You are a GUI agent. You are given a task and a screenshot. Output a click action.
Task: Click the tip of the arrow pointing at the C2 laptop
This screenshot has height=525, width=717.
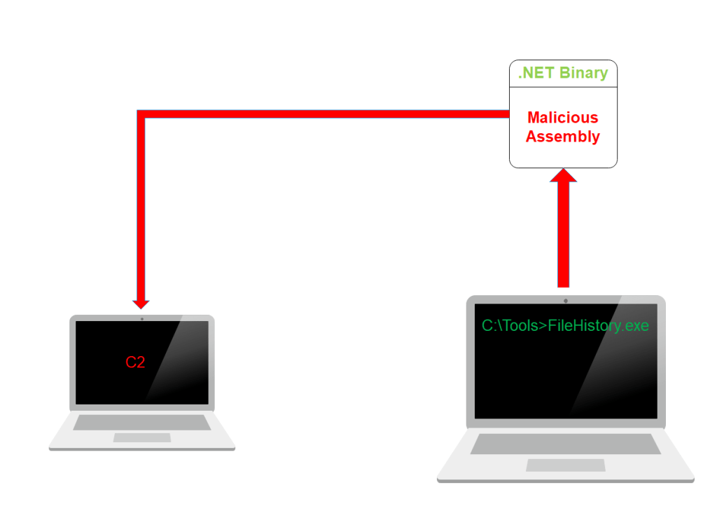click(x=141, y=309)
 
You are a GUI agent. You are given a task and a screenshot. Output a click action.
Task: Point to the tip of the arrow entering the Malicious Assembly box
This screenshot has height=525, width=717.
click(x=564, y=168)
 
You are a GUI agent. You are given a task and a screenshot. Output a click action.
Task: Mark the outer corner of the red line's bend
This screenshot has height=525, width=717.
click(x=137, y=110)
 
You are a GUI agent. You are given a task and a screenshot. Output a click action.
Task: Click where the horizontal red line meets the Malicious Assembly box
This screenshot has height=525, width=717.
click(x=510, y=114)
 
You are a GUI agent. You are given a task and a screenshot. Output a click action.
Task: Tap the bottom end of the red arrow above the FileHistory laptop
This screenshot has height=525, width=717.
click(x=564, y=287)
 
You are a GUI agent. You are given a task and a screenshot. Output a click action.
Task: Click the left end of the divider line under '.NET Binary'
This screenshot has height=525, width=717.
click(x=510, y=87)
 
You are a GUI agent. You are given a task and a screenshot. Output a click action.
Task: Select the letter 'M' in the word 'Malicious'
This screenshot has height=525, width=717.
click(x=534, y=118)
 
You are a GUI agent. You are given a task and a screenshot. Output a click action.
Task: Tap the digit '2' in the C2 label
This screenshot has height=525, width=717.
click(x=140, y=362)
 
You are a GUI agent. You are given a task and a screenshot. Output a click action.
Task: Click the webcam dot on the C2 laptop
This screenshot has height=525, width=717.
click(x=142, y=318)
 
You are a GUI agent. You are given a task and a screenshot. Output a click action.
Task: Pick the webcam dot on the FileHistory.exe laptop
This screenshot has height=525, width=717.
click(x=566, y=301)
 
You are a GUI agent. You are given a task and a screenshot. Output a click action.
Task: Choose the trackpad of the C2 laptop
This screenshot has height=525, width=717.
click(x=142, y=437)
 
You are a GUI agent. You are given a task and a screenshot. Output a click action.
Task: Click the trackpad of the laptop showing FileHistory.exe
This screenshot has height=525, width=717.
click(x=566, y=465)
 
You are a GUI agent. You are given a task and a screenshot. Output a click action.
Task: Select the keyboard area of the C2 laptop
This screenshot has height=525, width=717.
click(x=142, y=423)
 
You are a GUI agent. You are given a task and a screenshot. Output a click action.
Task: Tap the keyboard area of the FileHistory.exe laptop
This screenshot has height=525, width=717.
click(x=566, y=444)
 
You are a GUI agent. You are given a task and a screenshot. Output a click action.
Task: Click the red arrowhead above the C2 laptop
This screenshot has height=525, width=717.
click(x=141, y=304)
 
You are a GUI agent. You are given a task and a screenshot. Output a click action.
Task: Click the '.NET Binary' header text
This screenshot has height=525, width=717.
click(x=563, y=73)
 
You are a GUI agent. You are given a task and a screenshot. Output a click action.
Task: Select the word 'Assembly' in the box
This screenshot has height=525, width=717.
click(x=563, y=137)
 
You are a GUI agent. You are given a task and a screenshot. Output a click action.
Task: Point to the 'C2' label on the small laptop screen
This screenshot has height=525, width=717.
click(x=135, y=362)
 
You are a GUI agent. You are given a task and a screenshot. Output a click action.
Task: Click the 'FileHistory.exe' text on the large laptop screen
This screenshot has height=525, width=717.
click(x=598, y=326)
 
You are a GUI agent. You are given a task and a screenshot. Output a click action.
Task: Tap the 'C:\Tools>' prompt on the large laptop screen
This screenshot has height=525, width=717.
click(x=515, y=325)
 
